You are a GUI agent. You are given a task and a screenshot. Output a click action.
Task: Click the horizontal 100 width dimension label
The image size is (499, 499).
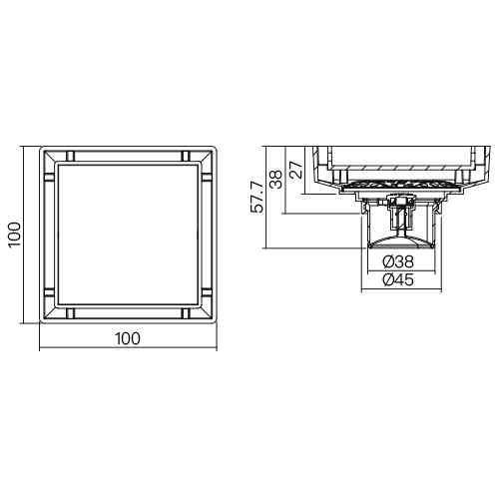(x=128, y=338)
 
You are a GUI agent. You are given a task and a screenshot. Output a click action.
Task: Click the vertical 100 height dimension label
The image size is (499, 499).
(x=15, y=235)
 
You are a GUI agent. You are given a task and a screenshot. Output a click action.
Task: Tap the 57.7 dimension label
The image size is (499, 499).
(x=257, y=197)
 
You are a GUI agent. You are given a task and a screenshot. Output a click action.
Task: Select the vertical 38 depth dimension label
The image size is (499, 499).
(x=275, y=179)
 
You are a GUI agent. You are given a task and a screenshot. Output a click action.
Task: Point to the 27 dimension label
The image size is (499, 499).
(x=297, y=170)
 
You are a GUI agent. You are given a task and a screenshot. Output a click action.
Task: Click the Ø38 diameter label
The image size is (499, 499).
(x=398, y=261)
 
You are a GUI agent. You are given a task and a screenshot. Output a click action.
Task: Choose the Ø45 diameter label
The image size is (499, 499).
(x=398, y=279)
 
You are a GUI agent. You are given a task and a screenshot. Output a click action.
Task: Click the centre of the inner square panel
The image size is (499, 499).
(x=128, y=235)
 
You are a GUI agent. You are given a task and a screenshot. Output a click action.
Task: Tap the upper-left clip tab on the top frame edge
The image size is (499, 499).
(x=70, y=156)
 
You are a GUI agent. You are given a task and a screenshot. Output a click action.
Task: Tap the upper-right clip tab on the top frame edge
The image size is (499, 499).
(x=186, y=156)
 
